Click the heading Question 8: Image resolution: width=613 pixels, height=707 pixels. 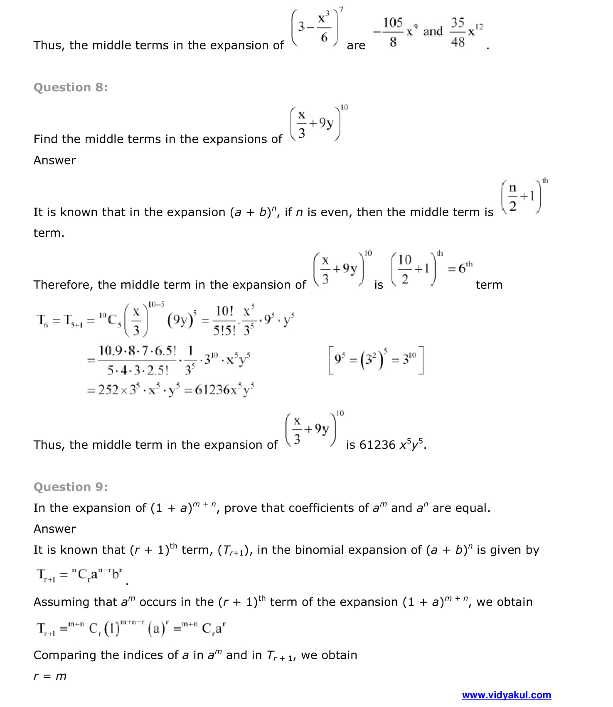click(x=70, y=87)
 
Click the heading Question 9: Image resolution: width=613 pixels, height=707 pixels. click(x=70, y=487)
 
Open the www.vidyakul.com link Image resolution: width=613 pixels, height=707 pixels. click(x=506, y=695)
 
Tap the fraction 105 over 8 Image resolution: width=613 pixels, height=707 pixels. click(x=393, y=32)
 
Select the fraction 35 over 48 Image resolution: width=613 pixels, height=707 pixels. click(x=458, y=32)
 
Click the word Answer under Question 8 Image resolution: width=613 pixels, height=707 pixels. click(x=54, y=160)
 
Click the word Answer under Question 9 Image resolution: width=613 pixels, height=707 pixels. click(x=54, y=529)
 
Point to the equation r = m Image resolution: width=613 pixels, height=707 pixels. click(x=50, y=676)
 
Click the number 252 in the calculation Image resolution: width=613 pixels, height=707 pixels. click(x=108, y=390)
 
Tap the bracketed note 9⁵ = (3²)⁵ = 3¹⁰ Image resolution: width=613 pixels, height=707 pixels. click(x=376, y=359)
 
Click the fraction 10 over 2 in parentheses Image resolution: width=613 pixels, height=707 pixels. click(x=404, y=269)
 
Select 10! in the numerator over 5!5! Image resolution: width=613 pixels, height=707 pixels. click(x=224, y=311)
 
